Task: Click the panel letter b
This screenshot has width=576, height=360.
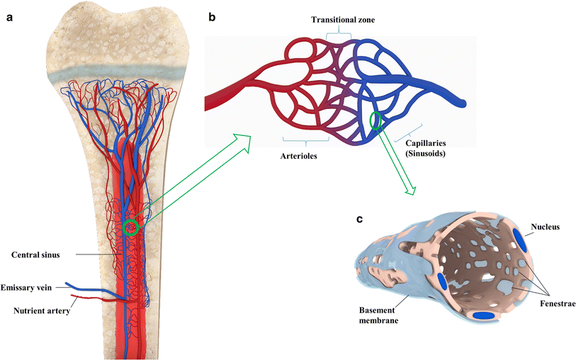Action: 210,18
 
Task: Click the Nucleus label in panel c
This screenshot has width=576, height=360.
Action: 546,227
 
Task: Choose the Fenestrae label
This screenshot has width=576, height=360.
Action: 558,303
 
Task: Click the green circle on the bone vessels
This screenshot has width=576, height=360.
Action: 130,227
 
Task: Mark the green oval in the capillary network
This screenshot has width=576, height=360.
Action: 375,122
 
